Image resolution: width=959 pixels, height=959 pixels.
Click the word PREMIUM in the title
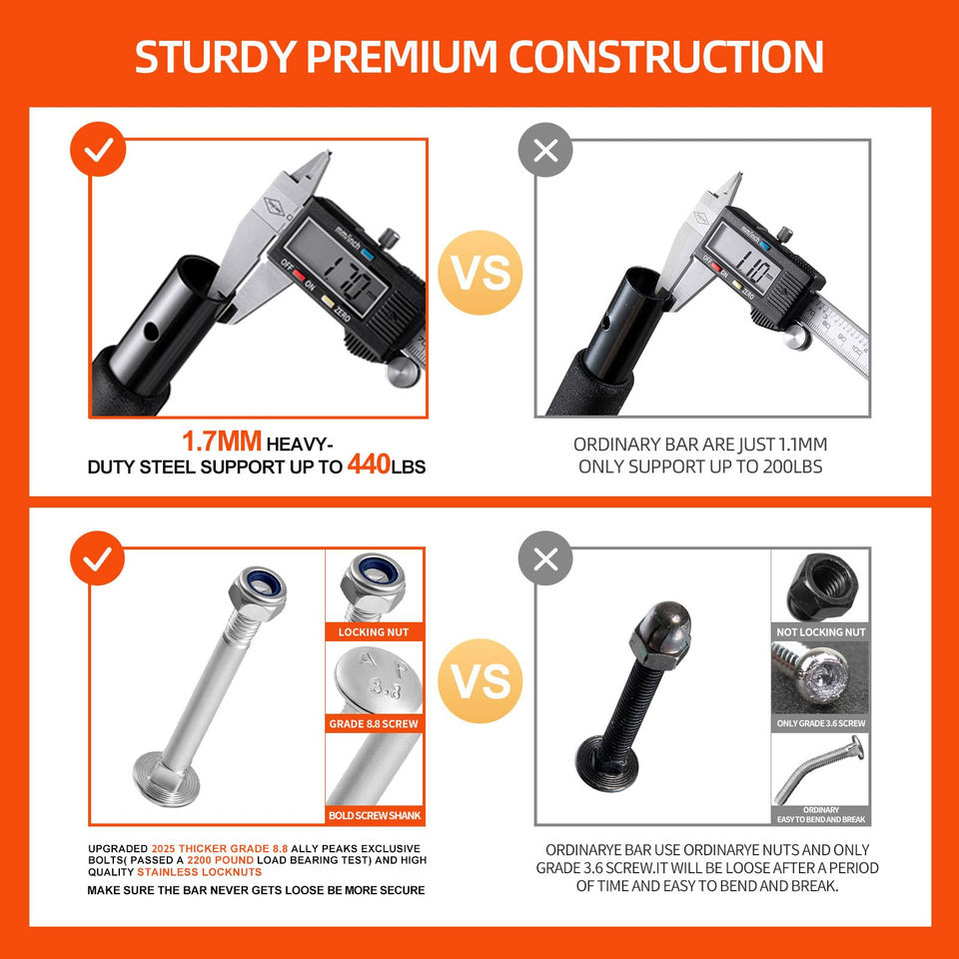click(402, 57)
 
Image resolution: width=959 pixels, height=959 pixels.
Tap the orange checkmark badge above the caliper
click(98, 149)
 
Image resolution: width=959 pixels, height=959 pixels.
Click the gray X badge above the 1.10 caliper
click(545, 150)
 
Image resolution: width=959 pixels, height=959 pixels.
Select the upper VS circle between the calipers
click(480, 273)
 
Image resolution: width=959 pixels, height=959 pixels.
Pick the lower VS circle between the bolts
click(480, 680)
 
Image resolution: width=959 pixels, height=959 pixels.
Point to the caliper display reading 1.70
click(336, 268)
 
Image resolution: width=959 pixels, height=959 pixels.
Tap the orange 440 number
click(369, 464)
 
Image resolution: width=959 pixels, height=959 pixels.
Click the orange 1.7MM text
click(222, 441)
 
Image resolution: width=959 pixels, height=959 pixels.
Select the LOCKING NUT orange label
click(374, 631)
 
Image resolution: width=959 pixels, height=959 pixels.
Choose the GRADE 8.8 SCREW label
click(374, 723)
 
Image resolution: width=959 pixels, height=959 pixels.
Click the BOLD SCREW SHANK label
click(375, 815)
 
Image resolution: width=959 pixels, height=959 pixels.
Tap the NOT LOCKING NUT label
click(821, 631)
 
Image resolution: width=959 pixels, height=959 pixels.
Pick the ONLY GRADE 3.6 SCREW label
click(821, 723)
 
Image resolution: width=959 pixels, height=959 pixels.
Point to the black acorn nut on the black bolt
click(660, 635)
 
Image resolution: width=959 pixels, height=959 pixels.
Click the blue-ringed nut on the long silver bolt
click(258, 592)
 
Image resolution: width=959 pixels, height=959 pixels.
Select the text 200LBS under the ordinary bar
click(792, 467)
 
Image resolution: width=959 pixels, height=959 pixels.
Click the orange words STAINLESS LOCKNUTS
click(200, 872)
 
